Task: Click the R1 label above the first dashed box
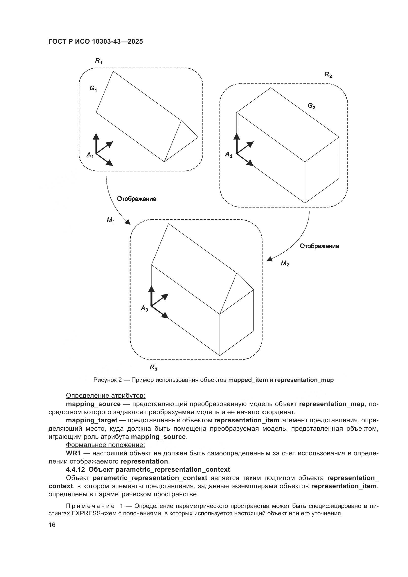98,61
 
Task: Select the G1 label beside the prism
93,89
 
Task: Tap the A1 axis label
90,155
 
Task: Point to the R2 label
328,75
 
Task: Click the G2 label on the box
312,106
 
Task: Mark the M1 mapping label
111,220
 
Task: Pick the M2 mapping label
285,263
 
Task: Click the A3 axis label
144,308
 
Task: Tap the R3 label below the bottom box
153,368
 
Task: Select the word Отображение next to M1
137,199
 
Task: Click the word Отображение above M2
319,246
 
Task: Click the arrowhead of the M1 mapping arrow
128,222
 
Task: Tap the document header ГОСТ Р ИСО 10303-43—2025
96,41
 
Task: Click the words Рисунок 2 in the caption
108,380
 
